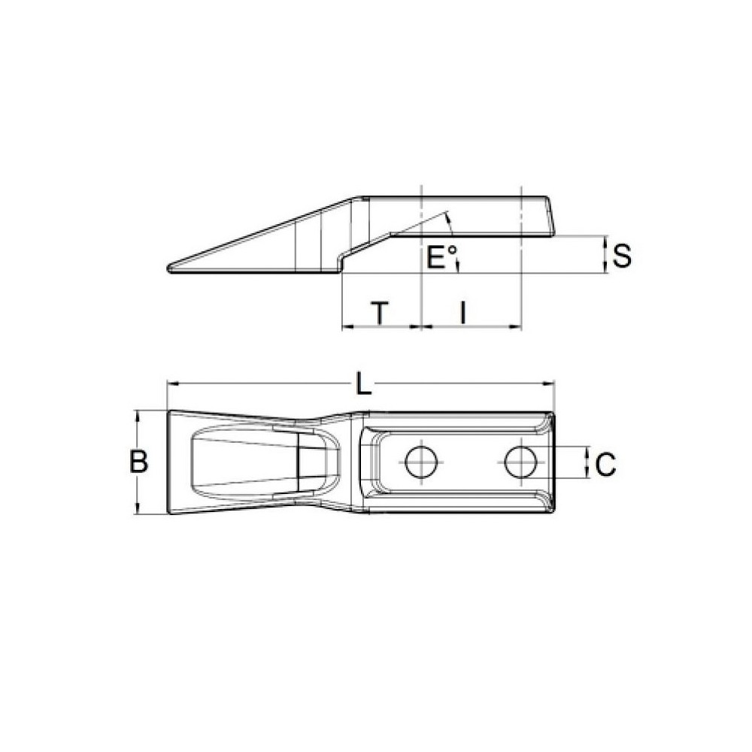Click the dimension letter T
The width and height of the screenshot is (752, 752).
coord(381,313)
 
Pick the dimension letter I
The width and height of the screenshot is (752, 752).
coord(464,313)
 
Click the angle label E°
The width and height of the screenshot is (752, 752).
coord(441,258)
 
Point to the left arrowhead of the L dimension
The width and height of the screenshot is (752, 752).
coord(170,384)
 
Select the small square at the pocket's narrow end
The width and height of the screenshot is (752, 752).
coord(307,462)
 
